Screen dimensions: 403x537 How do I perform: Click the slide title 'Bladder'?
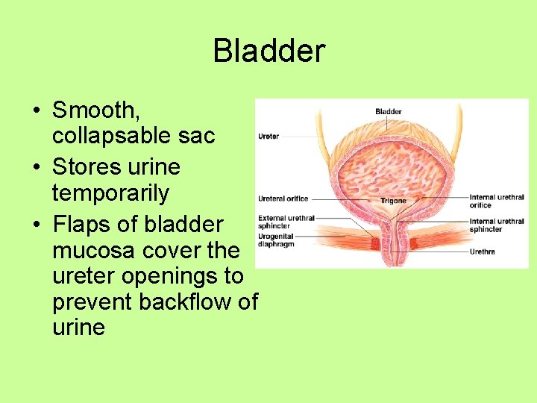pyautogui.click(x=269, y=51)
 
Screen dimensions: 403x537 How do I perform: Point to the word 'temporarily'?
pyautogui.click(x=110, y=193)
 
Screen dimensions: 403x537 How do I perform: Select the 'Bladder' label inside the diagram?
pyautogui.click(x=388, y=112)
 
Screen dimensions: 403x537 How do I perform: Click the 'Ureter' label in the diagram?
pyautogui.click(x=268, y=137)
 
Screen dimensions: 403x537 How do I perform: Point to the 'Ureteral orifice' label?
pyautogui.click(x=283, y=199)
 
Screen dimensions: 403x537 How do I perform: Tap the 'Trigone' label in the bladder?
pyautogui.click(x=392, y=200)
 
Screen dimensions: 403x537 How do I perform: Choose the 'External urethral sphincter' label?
pyautogui.click(x=286, y=221)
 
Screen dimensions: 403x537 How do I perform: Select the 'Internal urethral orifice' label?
pyautogui.click(x=496, y=201)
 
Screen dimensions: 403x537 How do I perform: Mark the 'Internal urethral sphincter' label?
pyautogui.click(x=496, y=225)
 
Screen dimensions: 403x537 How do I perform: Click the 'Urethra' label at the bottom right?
pyautogui.click(x=482, y=252)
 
